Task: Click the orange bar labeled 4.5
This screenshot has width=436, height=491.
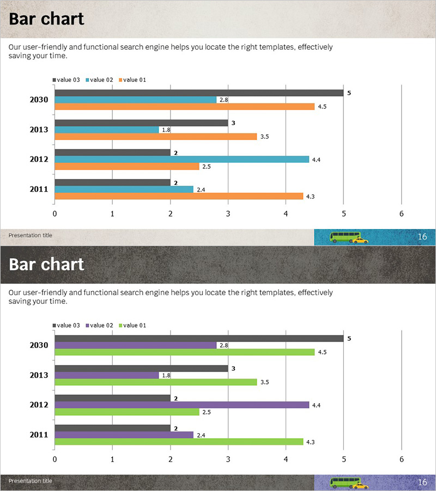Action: pyautogui.click(x=184, y=106)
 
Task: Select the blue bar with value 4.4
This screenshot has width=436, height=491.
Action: pyautogui.click(x=181, y=159)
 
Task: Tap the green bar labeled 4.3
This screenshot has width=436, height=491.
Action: pyautogui.click(x=178, y=441)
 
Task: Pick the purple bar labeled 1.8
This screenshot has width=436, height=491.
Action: pyautogui.click(x=107, y=375)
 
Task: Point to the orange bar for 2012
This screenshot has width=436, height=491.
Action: pyautogui.click(x=126, y=166)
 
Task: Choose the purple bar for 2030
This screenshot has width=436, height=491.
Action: pyautogui.click(x=135, y=345)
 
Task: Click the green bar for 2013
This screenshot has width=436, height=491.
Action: pyautogui.click(x=155, y=382)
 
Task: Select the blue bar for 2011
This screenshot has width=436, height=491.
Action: pyautogui.click(x=124, y=189)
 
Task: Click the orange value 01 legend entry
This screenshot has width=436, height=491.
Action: pyautogui.click(x=132, y=80)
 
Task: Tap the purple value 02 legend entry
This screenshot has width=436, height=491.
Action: pyautogui.click(x=99, y=326)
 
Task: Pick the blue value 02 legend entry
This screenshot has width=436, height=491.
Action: pyautogui.click(x=99, y=80)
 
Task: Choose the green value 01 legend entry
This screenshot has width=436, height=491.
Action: pyautogui.click(x=132, y=326)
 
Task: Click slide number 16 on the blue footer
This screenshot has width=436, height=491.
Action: pyautogui.click(x=422, y=237)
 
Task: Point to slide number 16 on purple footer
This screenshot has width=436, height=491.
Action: pyautogui.click(x=422, y=482)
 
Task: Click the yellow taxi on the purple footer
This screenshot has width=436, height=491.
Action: pyautogui.click(x=360, y=485)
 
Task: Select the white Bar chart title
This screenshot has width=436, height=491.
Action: pyautogui.click(x=47, y=265)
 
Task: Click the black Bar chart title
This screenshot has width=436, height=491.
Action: pyautogui.click(x=47, y=19)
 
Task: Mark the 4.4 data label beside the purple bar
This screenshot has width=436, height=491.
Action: pyautogui.click(x=316, y=405)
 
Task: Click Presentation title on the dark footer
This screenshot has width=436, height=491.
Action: pyautogui.click(x=31, y=481)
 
